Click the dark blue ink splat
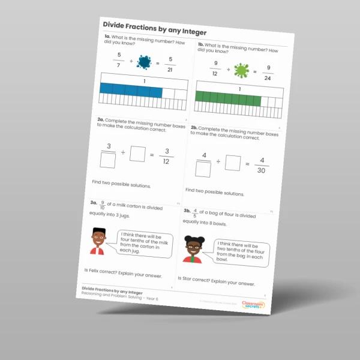coord(144,61)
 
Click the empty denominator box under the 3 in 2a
coord(108,160)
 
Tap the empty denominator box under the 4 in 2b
coord(204,170)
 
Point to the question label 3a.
coord(93,203)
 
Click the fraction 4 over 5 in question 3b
coord(199,211)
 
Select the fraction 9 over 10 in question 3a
coord(103,205)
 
